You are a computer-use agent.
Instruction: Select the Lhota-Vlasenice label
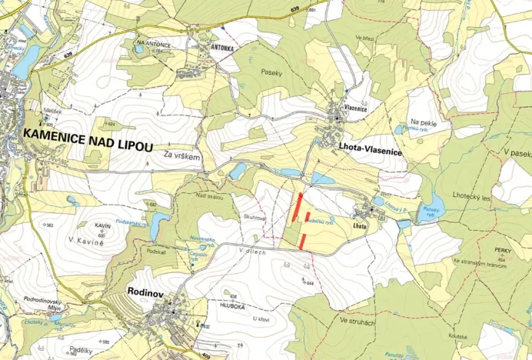point(371,152)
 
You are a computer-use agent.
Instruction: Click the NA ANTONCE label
point(152,44)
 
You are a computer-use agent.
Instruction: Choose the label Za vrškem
point(181,156)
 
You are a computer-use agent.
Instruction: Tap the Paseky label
point(271,74)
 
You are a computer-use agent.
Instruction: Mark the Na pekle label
point(423,122)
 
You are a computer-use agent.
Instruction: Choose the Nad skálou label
point(209,197)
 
